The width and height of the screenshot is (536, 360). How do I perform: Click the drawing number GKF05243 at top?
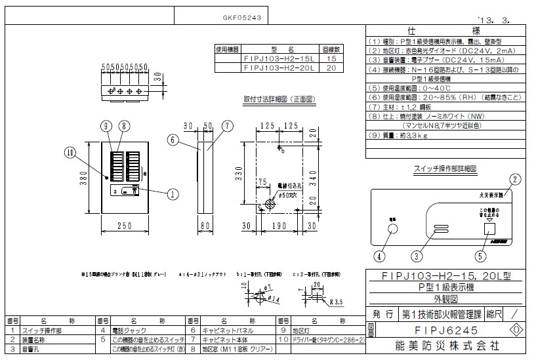(x=239, y=19)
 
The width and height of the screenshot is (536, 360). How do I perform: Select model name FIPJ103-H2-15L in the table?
(x=279, y=58)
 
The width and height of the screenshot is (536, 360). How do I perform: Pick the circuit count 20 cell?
(x=331, y=67)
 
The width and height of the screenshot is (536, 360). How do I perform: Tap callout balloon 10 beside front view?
(x=70, y=153)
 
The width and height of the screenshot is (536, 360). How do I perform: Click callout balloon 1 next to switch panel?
(x=173, y=193)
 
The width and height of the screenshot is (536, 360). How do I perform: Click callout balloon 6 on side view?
(x=171, y=139)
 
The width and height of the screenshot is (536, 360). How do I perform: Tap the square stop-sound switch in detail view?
(x=487, y=229)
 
